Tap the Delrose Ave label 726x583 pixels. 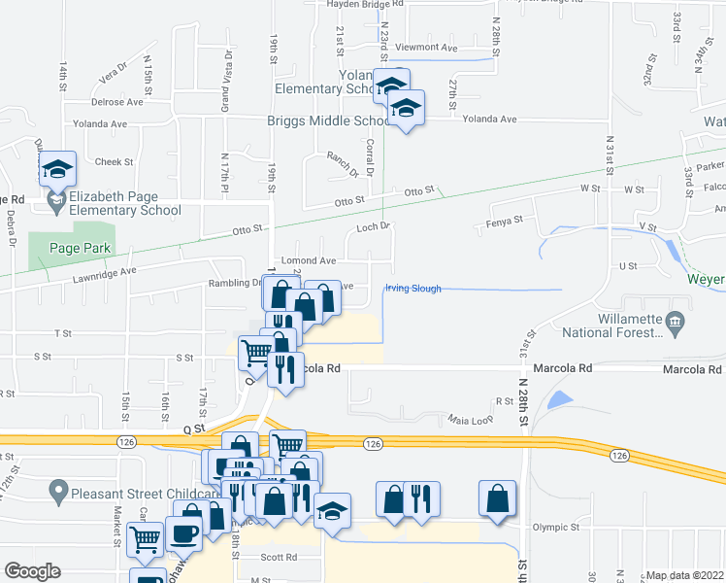[x=116, y=101]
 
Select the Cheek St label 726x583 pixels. [x=114, y=162]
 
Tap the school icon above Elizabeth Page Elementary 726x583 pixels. [x=58, y=170]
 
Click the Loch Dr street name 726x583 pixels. [x=372, y=226]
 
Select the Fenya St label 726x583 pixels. [x=504, y=221]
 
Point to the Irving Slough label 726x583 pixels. [x=413, y=289]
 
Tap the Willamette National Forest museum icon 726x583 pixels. [x=675, y=322]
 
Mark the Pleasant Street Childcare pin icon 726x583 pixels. [x=58, y=493]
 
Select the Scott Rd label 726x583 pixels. [x=279, y=558]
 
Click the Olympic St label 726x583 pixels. [x=556, y=528]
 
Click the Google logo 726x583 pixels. [x=33, y=571]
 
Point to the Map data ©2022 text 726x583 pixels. [x=683, y=575]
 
